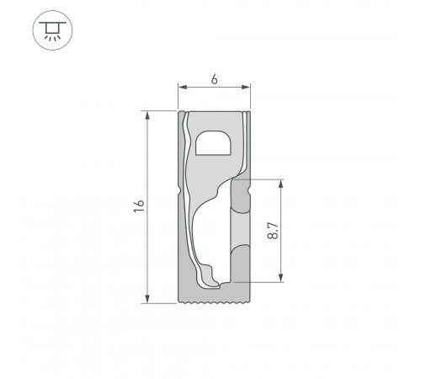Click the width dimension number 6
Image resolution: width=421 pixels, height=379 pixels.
pos(215,79)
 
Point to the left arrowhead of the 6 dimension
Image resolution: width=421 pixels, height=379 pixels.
pos(181,88)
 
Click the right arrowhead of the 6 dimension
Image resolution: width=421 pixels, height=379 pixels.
pos(248,88)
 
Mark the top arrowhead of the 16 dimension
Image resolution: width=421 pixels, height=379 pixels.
pos(148,114)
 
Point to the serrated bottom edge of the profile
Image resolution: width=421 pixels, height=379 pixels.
pos(215,301)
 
